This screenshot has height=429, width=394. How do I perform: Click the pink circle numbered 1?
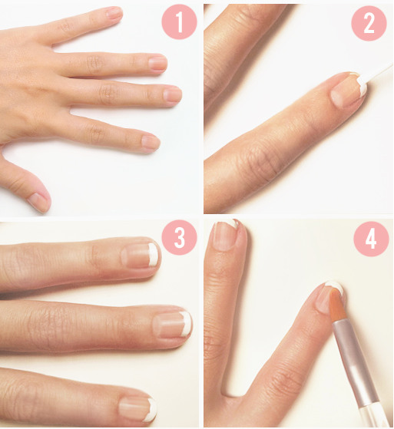(x=180, y=22)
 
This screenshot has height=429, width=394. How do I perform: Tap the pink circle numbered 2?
(x=369, y=23)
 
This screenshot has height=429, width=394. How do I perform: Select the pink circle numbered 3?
(x=180, y=238)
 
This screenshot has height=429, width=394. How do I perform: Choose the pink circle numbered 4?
(x=371, y=239)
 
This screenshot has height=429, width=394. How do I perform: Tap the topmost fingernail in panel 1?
(x=114, y=12)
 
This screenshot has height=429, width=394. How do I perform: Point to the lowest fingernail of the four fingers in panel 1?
(x=150, y=143)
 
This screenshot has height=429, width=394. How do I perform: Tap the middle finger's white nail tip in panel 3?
(x=187, y=324)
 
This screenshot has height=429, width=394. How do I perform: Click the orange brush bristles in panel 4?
(x=338, y=306)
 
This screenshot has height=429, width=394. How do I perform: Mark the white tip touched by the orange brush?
(x=336, y=287)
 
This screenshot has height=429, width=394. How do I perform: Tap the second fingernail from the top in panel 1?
(x=158, y=63)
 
